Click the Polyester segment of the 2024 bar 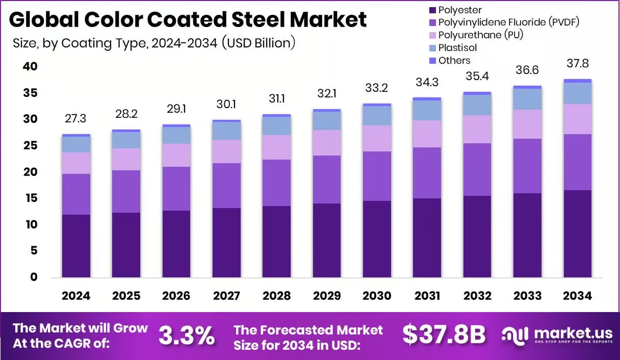click(76, 246)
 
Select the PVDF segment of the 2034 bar click(578, 162)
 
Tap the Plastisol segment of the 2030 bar click(377, 116)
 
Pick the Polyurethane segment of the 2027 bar click(226, 151)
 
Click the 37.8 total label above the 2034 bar click(578, 64)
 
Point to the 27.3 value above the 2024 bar click(76, 118)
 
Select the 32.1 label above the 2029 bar click(327, 94)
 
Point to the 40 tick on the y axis click(30, 66)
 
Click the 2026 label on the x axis click(176, 296)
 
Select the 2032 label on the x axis click(477, 296)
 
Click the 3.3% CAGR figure click(186, 335)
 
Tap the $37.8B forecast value click(444, 335)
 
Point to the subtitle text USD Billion click(259, 43)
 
